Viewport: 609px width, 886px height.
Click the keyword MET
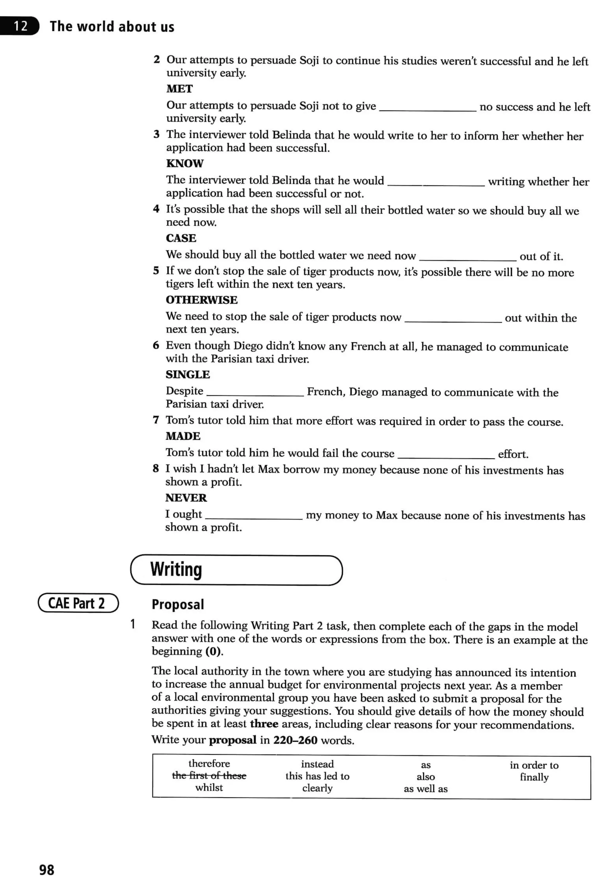click(179, 89)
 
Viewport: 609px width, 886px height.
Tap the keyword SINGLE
click(187, 374)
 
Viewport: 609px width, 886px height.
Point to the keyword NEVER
click(186, 498)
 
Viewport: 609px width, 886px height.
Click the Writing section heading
click(176, 569)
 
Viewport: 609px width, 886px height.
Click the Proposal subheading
click(178, 604)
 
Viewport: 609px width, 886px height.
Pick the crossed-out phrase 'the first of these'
click(209, 775)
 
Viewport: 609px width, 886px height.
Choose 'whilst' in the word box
click(209, 788)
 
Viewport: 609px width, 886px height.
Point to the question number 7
click(156, 420)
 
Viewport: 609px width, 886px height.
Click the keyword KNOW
click(185, 163)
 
